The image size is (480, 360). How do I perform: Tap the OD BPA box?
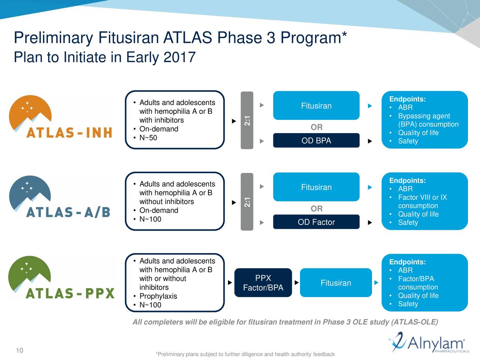point(316,141)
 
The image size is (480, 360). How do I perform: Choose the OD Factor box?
point(316,222)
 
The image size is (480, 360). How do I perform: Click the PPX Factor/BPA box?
point(263,283)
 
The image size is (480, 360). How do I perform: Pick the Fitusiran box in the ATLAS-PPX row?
point(336,283)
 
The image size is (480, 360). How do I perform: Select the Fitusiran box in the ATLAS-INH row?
point(316,106)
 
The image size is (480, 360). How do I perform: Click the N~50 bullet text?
point(148,138)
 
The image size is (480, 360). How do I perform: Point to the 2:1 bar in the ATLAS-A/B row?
point(247,202)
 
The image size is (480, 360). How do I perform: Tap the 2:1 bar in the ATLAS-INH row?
point(247,120)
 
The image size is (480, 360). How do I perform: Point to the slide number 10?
point(19,351)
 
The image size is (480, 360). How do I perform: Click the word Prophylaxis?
point(158,296)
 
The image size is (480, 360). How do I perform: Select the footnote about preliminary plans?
point(245,354)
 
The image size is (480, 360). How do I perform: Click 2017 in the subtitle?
point(180,57)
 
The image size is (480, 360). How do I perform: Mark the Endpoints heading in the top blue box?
point(407,99)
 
